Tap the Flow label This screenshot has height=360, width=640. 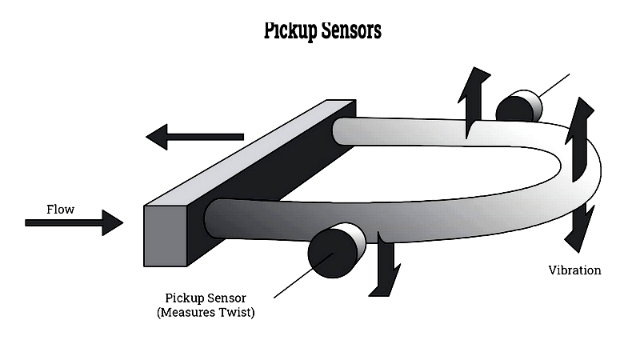tap(60, 210)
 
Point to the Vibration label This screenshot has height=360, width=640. tap(574, 270)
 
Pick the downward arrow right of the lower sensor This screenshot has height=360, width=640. tap(385, 268)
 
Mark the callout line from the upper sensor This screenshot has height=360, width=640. tap(554, 86)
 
